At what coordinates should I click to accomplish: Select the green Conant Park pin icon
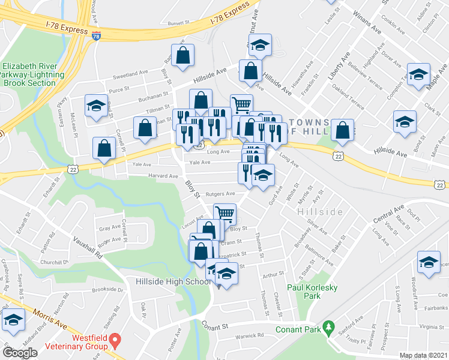pos(328,328)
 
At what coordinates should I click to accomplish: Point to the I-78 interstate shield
pos(97,36)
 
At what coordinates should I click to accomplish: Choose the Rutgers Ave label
pos(220,194)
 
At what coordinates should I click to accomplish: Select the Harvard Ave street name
pos(164,176)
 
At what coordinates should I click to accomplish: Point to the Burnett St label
pos(178,23)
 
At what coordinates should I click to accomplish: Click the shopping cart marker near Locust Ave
pos(224,213)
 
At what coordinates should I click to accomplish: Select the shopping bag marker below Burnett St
pos(183,56)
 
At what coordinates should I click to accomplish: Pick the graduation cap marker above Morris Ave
pos(14,320)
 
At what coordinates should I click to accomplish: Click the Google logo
pos(20,352)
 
